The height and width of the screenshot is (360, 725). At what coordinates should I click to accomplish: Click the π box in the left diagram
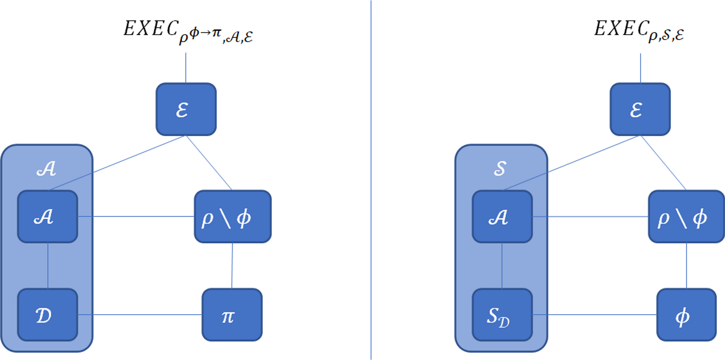coord(232,315)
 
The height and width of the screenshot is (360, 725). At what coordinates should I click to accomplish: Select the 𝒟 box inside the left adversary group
coord(47,315)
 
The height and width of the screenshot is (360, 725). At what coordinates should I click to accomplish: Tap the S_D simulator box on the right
coord(502,315)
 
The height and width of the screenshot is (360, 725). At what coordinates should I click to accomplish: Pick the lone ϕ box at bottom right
coord(686,315)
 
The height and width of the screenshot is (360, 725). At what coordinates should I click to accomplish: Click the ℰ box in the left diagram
coord(186,109)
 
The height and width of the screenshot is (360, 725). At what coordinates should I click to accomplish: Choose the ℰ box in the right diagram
coord(640,109)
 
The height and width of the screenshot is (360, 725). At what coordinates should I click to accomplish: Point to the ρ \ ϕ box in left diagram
coord(233,217)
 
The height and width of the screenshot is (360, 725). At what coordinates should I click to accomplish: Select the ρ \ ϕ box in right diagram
coord(686,217)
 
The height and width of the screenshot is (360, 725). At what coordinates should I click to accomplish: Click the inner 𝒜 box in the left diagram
coord(47,217)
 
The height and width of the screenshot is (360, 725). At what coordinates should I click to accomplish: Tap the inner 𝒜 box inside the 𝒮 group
coord(502,217)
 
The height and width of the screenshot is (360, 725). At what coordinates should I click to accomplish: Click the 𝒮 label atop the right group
coord(500,169)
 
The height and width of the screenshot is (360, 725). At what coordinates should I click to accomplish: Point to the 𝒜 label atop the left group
coord(46,169)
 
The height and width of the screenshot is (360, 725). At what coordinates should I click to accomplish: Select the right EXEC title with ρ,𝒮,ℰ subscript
coord(639,31)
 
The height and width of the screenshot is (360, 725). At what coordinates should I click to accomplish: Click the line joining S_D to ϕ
coord(594,315)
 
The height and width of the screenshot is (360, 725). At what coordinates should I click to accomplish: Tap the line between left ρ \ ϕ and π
coord(232,266)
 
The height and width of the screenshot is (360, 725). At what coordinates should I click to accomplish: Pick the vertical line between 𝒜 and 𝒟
coord(48,266)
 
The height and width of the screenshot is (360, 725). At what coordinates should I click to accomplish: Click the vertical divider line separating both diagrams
coord(371,181)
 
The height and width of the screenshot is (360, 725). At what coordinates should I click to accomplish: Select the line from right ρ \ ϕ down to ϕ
coord(686,266)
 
